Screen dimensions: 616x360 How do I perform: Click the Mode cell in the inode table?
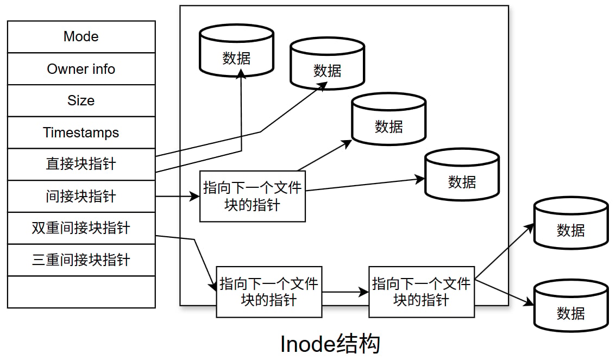81,36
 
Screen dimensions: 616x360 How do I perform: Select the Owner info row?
81,69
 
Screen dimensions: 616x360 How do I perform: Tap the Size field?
81,100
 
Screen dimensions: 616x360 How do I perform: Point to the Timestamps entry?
81,132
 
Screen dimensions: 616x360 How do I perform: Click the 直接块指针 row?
81,164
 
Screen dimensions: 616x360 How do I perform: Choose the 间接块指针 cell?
81,197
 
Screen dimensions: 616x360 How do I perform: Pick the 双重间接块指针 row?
81,228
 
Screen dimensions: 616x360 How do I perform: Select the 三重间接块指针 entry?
81,260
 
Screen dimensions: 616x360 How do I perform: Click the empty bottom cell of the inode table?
81,292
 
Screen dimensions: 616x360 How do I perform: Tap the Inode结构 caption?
330,344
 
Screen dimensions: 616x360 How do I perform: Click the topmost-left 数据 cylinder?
236,50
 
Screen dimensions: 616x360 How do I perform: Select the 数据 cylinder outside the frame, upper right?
571,223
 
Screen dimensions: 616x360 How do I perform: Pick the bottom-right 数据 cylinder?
571,306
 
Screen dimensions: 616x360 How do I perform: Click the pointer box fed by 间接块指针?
253,197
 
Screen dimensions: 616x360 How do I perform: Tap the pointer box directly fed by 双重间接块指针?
269,292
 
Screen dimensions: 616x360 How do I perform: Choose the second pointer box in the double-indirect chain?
422,292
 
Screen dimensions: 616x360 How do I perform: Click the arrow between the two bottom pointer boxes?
345,292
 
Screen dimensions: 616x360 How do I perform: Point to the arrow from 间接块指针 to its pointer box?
178,197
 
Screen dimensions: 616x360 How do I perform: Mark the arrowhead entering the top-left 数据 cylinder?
241,74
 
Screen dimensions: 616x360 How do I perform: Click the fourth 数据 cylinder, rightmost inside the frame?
462,175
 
